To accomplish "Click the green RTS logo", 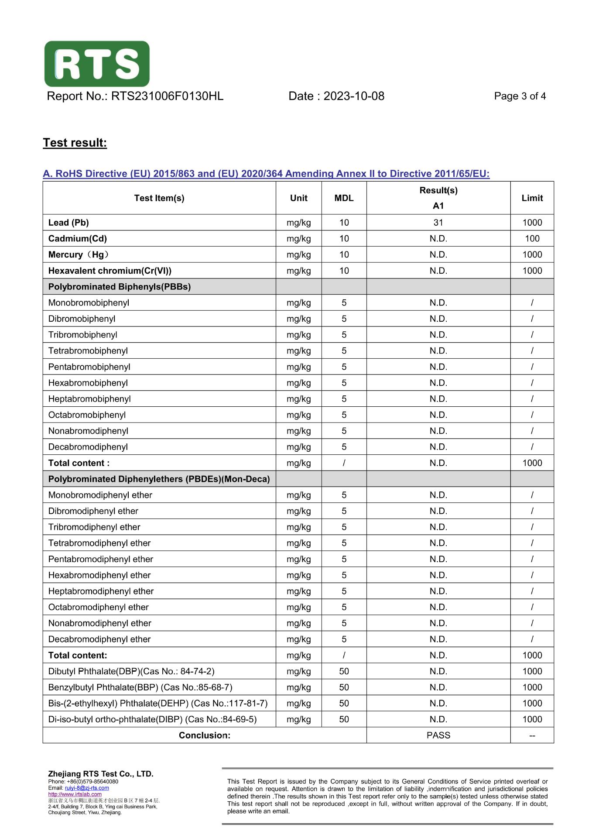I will click(x=97, y=64).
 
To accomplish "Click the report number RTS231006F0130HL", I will click(x=167, y=96).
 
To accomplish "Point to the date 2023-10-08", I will click(x=354, y=96).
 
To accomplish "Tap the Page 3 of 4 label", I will click(x=520, y=96).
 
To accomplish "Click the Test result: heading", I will click(x=75, y=143).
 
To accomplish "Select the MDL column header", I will click(x=344, y=198).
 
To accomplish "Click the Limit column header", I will click(x=532, y=198).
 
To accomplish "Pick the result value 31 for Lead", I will click(x=438, y=223).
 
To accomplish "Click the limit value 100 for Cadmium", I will click(x=532, y=239).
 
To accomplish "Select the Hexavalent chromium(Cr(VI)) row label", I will click(x=110, y=271).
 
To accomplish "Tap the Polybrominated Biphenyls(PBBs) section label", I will click(x=120, y=287).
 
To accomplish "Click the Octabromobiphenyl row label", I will click(x=87, y=415).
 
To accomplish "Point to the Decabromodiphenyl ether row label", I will click(x=99, y=639).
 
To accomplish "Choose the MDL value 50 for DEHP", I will click(x=344, y=704).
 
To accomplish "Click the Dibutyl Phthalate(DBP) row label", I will click(x=131, y=671).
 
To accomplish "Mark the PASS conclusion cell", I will click(x=438, y=735).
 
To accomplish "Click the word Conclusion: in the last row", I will click(x=205, y=735).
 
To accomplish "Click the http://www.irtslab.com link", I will click(x=75, y=794).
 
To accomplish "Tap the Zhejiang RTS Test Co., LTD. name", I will click(x=101, y=774).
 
